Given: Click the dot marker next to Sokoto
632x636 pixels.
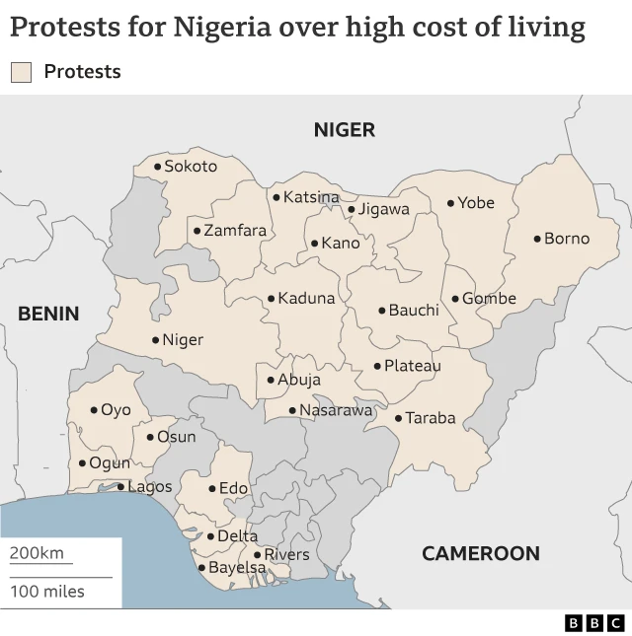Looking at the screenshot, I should (157, 167).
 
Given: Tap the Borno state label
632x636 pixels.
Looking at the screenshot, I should (567, 239).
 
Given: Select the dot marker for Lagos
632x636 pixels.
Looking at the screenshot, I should (121, 486).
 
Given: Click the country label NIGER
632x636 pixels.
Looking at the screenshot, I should (344, 130).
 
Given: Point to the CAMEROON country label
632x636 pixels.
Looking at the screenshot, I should (480, 553).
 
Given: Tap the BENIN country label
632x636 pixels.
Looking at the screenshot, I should (48, 314).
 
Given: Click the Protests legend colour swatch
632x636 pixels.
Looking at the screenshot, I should (21, 72).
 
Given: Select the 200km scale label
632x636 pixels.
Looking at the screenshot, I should (37, 553).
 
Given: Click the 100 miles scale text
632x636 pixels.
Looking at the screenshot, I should (47, 592).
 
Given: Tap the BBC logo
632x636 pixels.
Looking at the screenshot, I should (594, 622).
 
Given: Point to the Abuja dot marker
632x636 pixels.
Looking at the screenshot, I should (271, 380).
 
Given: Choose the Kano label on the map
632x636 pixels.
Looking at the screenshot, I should (341, 243).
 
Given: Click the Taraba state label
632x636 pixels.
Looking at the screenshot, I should (431, 418).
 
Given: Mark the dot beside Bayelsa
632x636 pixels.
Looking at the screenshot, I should (201, 568).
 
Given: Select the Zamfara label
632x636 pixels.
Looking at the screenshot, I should (235, 231).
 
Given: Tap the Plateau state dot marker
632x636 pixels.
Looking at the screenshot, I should (377, 366).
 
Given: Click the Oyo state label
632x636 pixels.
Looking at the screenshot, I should (116, 410).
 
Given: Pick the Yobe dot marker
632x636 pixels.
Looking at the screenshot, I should (450, 203).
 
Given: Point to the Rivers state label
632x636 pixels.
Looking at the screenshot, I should (286, 555).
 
